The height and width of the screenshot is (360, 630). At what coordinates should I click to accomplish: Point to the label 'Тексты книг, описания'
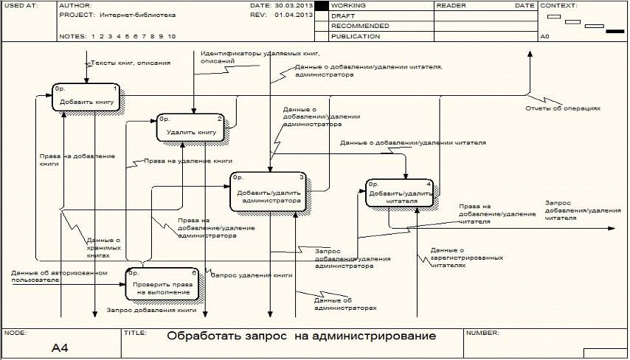(131, 63)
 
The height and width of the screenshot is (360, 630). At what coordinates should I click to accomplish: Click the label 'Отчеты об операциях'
(563, 108)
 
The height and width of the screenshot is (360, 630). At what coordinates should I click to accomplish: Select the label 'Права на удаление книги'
(188, 161)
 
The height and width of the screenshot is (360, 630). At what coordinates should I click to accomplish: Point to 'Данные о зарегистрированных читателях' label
(467, 257)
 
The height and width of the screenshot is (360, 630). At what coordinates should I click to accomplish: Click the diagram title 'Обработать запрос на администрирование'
(301, 336)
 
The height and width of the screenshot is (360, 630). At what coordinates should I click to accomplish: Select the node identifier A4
(60, 347)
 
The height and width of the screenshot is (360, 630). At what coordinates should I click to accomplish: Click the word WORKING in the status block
(348, 5)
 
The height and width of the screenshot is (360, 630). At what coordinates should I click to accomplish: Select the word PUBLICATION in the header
(356, 35)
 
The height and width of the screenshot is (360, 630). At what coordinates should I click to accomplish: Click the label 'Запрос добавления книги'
(151, 310)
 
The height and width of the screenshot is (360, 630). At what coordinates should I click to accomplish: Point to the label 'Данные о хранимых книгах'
(103, 247)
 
